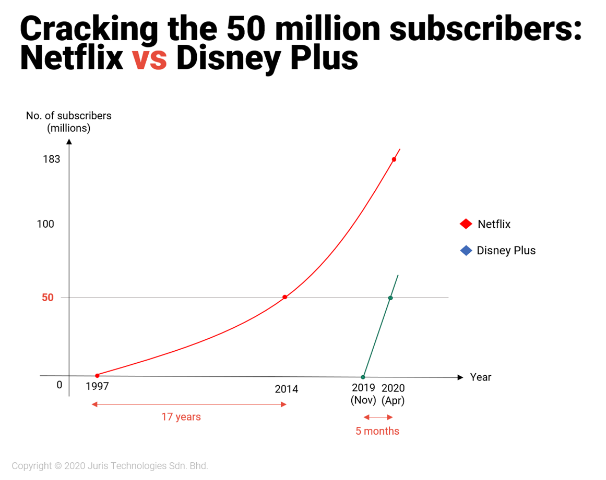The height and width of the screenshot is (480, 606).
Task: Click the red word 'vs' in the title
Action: (x=149, y=58)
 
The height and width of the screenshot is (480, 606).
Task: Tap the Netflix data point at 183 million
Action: (x=394, y=159)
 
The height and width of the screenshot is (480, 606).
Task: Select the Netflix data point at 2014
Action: (x=284, y=297)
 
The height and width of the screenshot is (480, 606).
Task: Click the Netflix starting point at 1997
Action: (x=97, y=375)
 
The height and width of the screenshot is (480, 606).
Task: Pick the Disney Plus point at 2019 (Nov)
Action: (x=363, y=377)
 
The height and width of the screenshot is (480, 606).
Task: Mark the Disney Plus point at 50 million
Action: (x=390, y=298)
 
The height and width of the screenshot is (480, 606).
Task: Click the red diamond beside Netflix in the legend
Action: (x=466, y=224)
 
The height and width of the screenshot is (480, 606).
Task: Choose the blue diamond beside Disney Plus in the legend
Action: (x=466, y=251)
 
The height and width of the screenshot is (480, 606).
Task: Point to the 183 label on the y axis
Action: (x=51, y=159)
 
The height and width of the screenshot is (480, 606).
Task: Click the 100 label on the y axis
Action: (x=45, y=224)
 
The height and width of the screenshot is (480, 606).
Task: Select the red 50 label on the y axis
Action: (x=47, y=298)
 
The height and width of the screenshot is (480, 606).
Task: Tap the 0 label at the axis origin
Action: (x=59, y=385)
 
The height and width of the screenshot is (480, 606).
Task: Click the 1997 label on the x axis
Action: (x=97, y=387)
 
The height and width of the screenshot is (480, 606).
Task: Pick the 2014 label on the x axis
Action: (x=286, y=389)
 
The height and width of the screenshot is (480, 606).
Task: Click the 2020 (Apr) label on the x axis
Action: (x=393, y=395)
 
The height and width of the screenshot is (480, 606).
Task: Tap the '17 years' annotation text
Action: (x=181, y=417)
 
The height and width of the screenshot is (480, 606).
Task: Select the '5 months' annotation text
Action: (x=377, y=431)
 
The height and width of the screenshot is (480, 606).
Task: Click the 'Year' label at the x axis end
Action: (x=480, y=377)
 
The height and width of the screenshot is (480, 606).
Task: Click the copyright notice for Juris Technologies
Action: (x=110, y=466)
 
